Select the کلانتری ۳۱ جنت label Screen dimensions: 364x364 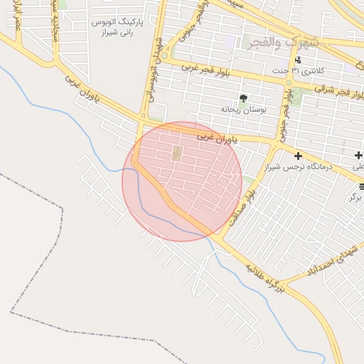click(306, 71)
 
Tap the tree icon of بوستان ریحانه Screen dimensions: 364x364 click(244, 98)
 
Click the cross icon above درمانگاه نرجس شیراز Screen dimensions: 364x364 click(297, 155)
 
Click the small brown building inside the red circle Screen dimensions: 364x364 click(176, 153)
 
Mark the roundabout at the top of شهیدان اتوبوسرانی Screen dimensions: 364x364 click(166, 55)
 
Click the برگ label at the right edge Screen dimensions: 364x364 click(355, 197)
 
